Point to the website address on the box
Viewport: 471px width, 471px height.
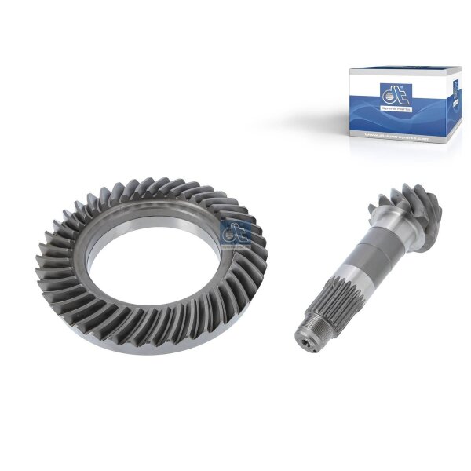(398, 138)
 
